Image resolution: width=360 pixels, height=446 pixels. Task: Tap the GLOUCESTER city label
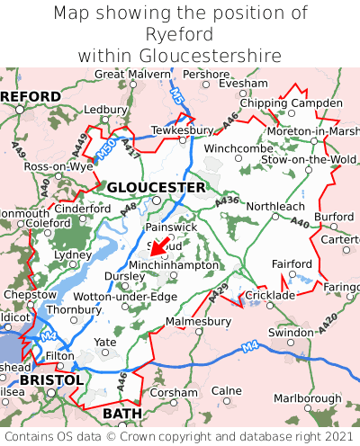(x=156, y=187)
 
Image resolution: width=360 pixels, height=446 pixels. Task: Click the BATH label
(x=123, y=414)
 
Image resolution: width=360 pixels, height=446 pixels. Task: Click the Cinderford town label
(x=83, y=209)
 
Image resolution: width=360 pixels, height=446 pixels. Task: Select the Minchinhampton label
(x=174, y=265)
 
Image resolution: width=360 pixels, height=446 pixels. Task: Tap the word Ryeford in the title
(x=180, y=34)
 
